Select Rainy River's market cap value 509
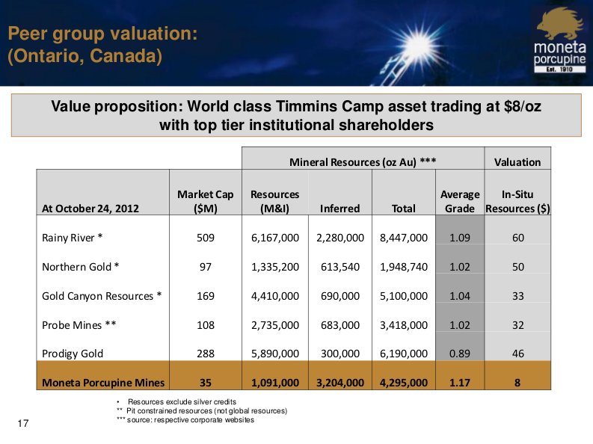click(206, 238)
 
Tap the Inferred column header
click(339, 209)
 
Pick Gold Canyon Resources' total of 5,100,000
click(404, 296)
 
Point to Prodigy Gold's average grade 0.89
click(459, 354)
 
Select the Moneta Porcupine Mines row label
click(102, 383)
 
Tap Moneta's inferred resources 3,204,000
click(339, 383)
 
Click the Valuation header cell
click(517, 161)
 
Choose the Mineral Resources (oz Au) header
click(363, 161)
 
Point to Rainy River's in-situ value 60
click(517, 238)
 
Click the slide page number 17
click(22, 425)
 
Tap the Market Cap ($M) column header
click(206, 201)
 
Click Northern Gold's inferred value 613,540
click(339, 267)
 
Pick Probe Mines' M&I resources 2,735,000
click(274, 325)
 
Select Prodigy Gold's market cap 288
click(206, 354)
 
